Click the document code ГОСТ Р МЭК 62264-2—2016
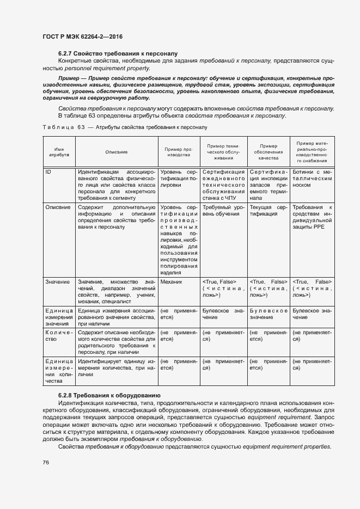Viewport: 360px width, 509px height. click(x=82, y=36)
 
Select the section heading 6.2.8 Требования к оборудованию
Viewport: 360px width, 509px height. click(x=108, y=394)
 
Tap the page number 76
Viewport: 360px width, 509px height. click(x=46, y=462)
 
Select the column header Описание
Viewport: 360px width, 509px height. click(x=116, y=152)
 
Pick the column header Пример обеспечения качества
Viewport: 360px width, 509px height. click(x=269, y=151)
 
